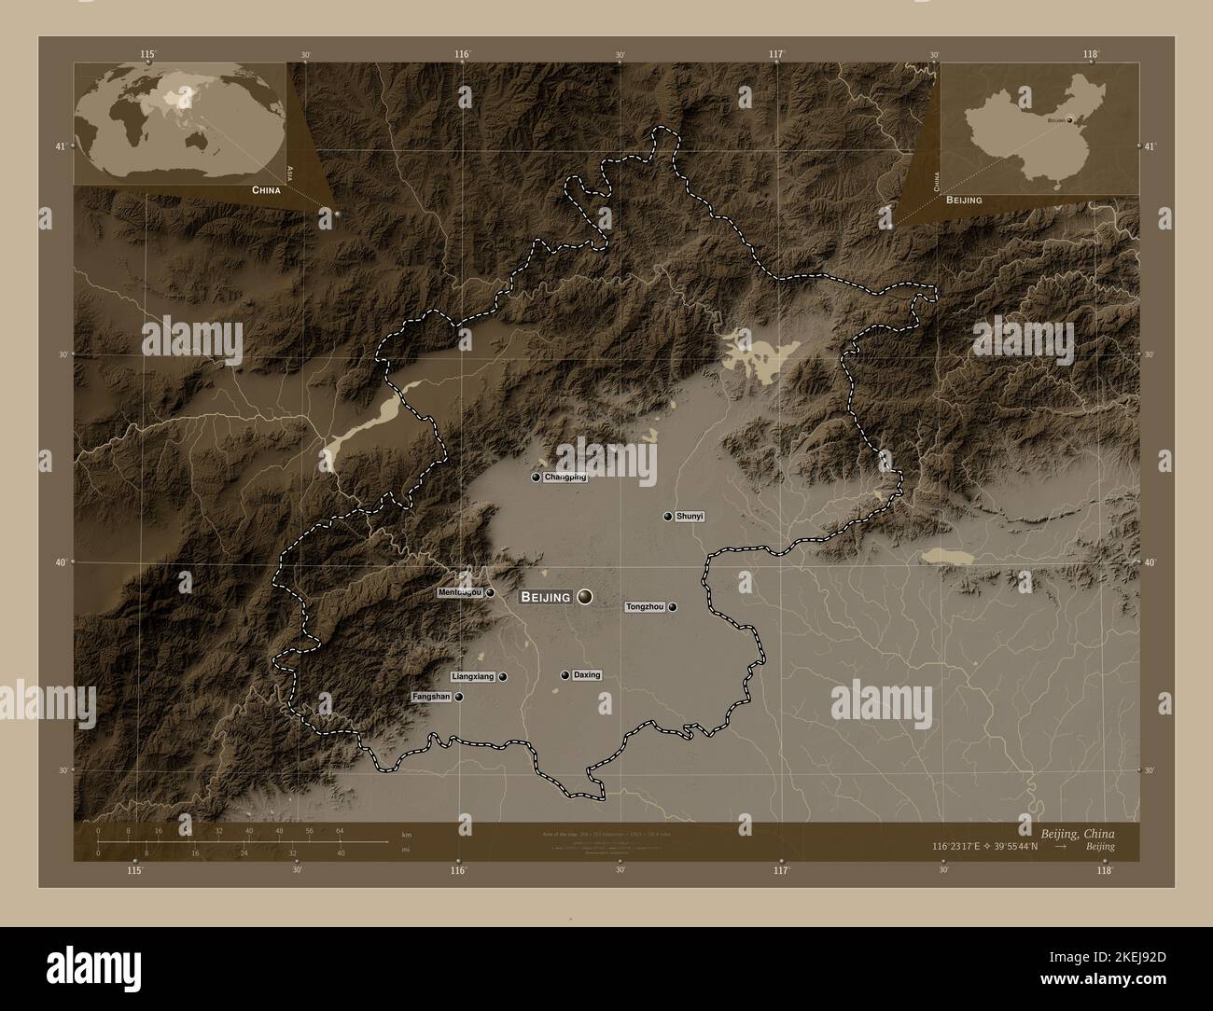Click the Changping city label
point(565,478)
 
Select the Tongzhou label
point(645,607)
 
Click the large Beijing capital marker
point(585,596)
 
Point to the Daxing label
point(587,675)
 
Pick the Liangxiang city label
point(472,676)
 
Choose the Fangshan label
point(431,697)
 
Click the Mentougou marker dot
point(490,592)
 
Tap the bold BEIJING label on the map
point(546,597)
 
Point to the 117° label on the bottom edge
point(781,870)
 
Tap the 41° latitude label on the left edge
point(60,146)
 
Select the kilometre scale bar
point(243,842)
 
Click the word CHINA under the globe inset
point(265,189)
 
